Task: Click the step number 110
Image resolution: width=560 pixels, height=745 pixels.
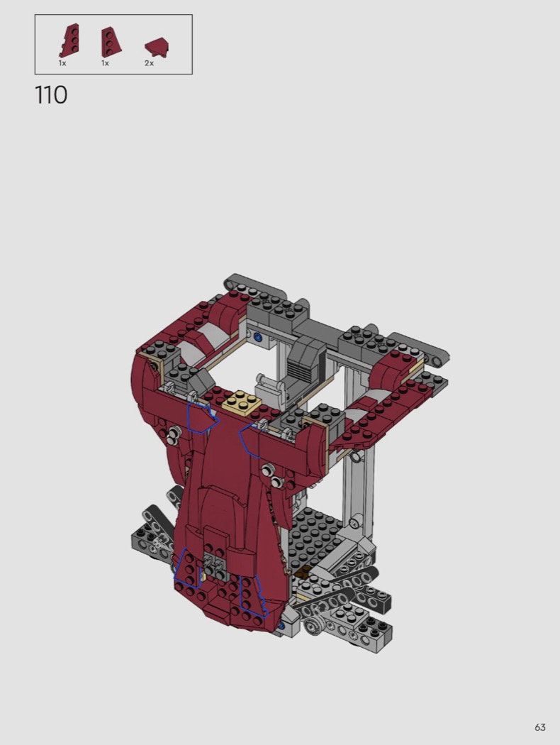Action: [51, 94]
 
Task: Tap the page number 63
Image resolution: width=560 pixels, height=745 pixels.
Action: [539, 727]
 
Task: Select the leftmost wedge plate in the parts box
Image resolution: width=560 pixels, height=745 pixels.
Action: [69, 40]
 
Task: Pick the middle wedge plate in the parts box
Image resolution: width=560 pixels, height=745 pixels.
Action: [111, 42]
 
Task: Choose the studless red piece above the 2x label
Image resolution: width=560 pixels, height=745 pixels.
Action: [157, 48]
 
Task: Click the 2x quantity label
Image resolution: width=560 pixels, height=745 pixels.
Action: [149, 63]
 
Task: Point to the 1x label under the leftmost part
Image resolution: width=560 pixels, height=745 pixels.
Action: [62, 63]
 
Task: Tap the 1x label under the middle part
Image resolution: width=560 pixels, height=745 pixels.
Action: [105, 63]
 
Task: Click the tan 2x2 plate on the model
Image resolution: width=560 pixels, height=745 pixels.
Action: [242, 403]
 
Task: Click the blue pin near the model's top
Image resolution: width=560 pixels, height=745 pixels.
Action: [258, 338]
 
